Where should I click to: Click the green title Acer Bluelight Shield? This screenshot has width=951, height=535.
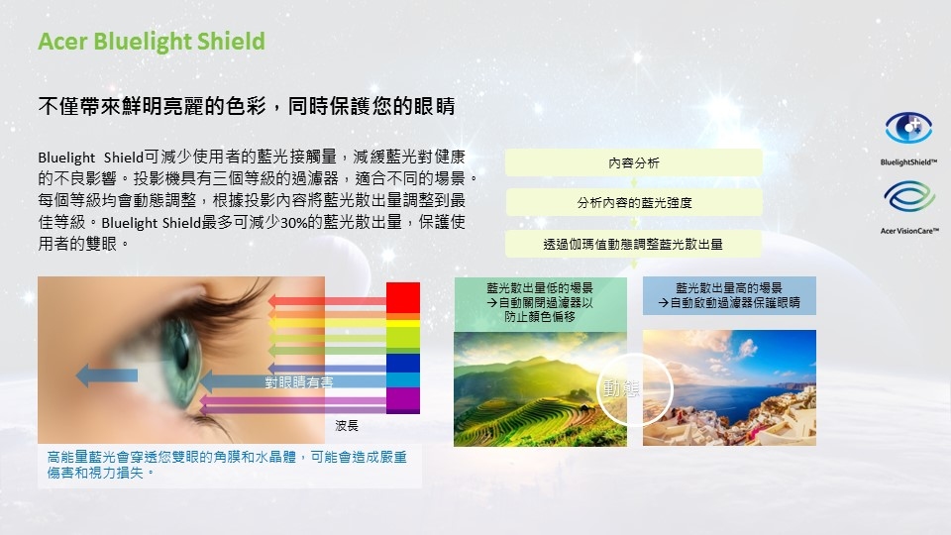click(152, 42)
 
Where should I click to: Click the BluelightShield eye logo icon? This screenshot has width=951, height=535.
click(908, 128)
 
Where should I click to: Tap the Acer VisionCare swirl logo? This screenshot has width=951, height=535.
click(909, 197)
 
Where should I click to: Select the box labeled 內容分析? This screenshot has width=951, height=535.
click(634, 162)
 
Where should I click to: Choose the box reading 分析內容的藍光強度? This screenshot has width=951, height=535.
click(634, 202)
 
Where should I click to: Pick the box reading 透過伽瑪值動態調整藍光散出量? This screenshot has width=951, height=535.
click(634, 244)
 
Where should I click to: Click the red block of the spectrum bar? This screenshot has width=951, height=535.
click(403, 298)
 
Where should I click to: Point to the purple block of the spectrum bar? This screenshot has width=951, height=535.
click(403, 400)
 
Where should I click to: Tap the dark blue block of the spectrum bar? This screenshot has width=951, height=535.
click(403, 363)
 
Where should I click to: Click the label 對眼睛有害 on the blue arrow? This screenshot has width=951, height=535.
click(299, 382)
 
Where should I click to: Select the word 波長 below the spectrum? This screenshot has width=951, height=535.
click(347, 426)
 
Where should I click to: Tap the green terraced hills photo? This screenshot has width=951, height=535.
click(541, 388)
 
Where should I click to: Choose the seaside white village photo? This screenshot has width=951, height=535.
click(730, 387)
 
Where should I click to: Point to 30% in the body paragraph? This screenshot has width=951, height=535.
click(293, 223)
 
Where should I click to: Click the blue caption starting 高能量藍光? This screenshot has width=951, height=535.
click(227, 465)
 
